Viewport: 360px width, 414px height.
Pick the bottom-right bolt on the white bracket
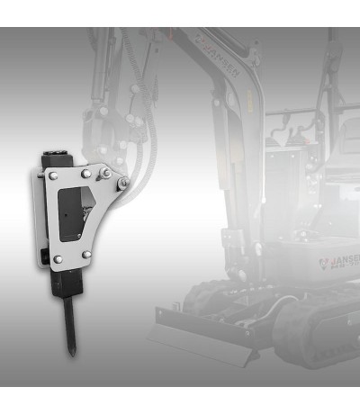[x=86, y=255]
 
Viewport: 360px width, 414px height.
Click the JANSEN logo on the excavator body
[x=338, y=263]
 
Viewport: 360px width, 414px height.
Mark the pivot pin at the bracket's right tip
[x=122, y=184]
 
